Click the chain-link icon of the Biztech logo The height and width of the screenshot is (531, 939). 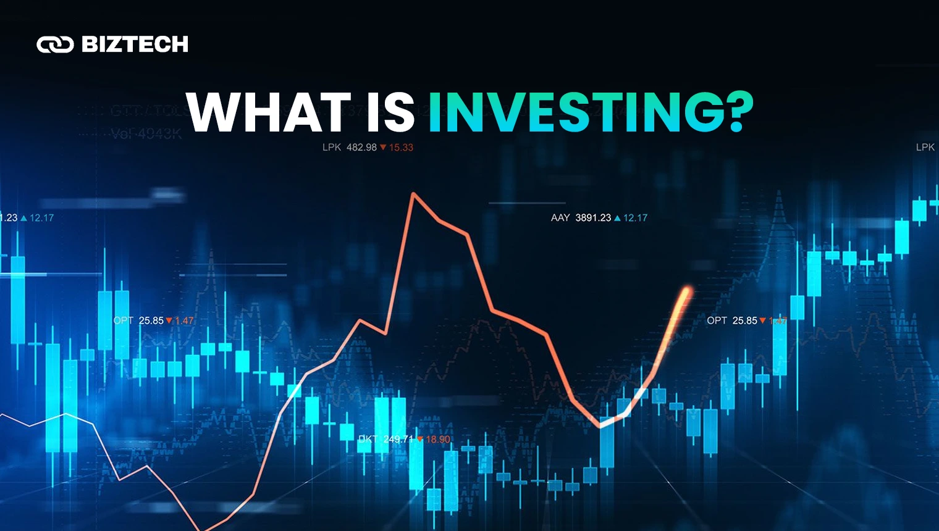pos(55,44)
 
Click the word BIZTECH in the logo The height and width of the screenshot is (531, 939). pos(135,44)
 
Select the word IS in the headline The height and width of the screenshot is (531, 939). pos(390,112)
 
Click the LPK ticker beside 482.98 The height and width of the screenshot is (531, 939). pos(332,148)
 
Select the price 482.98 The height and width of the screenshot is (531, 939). pos(361,148)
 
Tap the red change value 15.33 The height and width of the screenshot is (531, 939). pos(401,148)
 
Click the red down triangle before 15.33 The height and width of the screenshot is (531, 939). pos(383,148)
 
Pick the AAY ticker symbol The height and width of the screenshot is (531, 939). pos(560,218)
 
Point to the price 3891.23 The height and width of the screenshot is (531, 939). pos(593,218)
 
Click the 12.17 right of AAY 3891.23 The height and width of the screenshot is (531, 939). pos(635,218)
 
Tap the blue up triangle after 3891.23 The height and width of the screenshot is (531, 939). pos(617,218)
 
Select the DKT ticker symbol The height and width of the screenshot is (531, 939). pos(368,439)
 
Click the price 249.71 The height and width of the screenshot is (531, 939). pos(398,439)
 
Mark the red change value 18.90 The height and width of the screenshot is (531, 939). pos(438,439)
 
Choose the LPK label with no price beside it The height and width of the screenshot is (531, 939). pos(925,147)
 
